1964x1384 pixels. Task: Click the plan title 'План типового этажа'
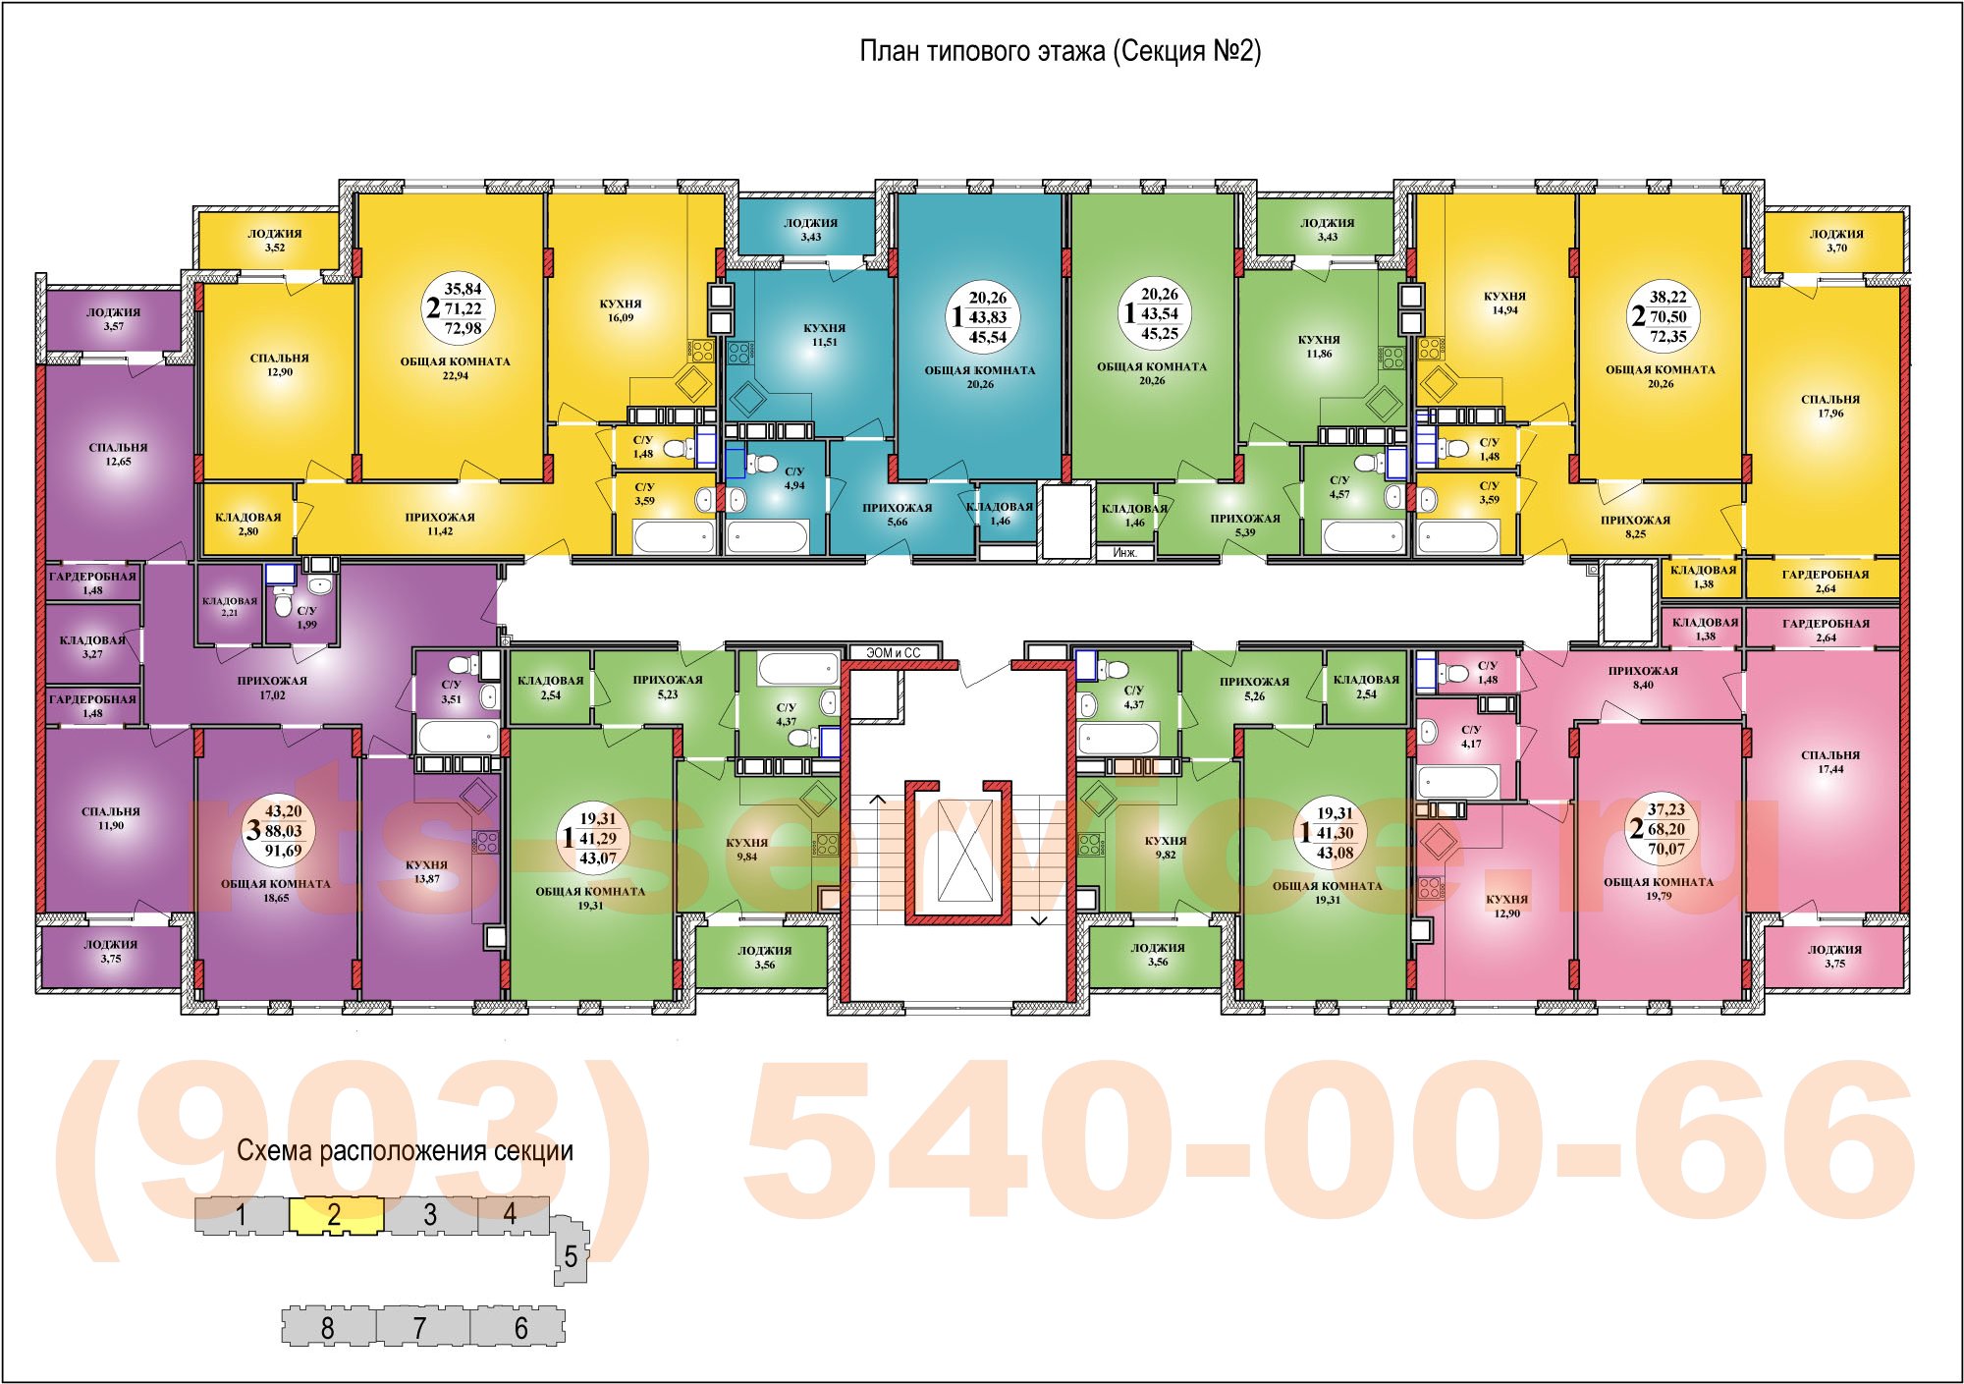pyautogui.click(x=983, y=51)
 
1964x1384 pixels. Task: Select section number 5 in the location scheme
pyautogui.click(x=571, y=1256)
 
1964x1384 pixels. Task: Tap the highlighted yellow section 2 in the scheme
pyautogui.click(x=335, y=1215)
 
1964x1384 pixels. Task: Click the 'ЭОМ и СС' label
pyautogui.click(x=894, y=652)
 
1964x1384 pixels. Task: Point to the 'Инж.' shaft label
pyautogui.click(x=1125, y=553)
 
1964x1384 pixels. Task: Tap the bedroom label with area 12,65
pyautogui.click(x=118, y=455)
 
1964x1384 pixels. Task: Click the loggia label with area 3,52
pyautogui.click(x=275, y=241)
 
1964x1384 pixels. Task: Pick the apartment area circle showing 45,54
pyautogui.click(x=980, y=317)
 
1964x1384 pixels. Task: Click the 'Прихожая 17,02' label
pyautogui.click(x=272, y=688)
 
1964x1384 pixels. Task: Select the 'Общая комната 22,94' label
pyautogui.click(x=456, y=368)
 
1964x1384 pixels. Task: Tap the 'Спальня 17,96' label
pyautogui.click(x=1830, y=407)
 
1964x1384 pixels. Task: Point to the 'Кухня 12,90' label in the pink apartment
pyautogui.click(x=1506, y=906)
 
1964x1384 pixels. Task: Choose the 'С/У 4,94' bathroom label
pyautogui.click(x=794, y=478)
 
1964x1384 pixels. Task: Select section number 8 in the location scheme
pyautogui.click(x=327, y=1329)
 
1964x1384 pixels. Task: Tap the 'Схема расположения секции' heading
pyautogui.click(x=405, y=1151)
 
